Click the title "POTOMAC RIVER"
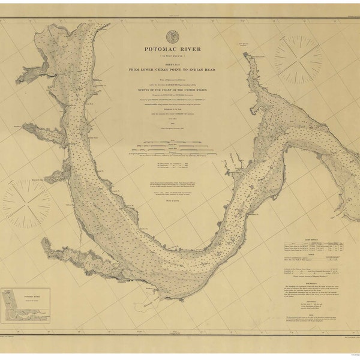click(x=172, y=49)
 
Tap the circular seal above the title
click(x=172, y=37)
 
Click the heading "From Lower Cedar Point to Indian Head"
click(x=172, y=69)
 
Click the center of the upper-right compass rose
click(x=298, y=59)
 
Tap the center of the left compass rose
click(x=27, y=204)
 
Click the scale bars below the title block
click(x=172, y=146)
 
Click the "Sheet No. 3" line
click(x=172, y=63)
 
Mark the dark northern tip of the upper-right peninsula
click(x=245, y=55)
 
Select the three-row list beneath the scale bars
click(x=172, y=166)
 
